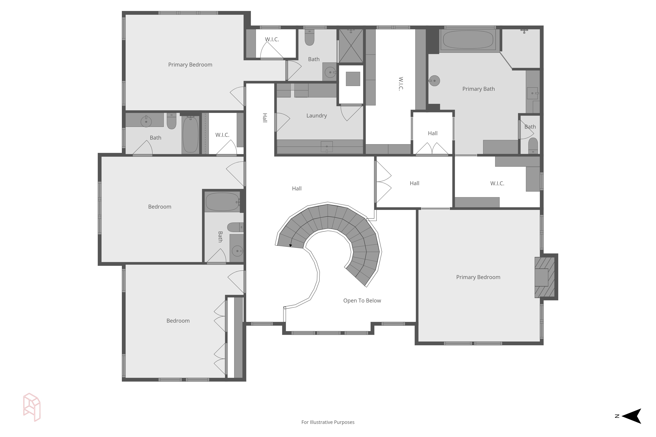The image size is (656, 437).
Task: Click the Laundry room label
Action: tap(317, 116)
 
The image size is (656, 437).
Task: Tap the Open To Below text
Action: tap(362, 301)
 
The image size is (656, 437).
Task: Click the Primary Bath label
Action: tap(479, 89)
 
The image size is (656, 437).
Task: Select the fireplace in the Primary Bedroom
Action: tap(544, 277)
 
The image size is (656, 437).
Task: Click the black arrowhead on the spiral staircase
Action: tap(290, 245)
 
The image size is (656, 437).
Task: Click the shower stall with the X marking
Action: tap(351, 46)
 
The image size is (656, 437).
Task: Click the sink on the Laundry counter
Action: tap(327, 147)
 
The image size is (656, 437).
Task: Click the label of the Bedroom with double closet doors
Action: tap(178, 321)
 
